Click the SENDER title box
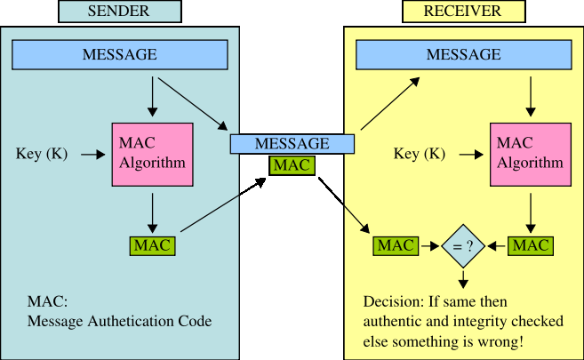(119, 12)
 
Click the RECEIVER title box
(462, 12)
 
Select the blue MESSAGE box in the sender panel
(119, 55)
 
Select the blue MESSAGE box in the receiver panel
(462, 55)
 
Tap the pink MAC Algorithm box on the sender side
(152, 155)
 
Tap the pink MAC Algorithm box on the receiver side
(530, 155)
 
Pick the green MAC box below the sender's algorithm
(152, 245)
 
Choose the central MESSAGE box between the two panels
(292, 143)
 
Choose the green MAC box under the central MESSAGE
(292, 164)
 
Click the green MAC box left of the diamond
(395, 245)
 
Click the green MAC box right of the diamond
(530, 245)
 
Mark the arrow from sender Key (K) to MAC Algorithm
(92, 155)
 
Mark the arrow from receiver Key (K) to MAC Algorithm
(469, 155)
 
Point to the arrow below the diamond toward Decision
(463, 279)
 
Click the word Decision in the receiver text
(390, 300)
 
